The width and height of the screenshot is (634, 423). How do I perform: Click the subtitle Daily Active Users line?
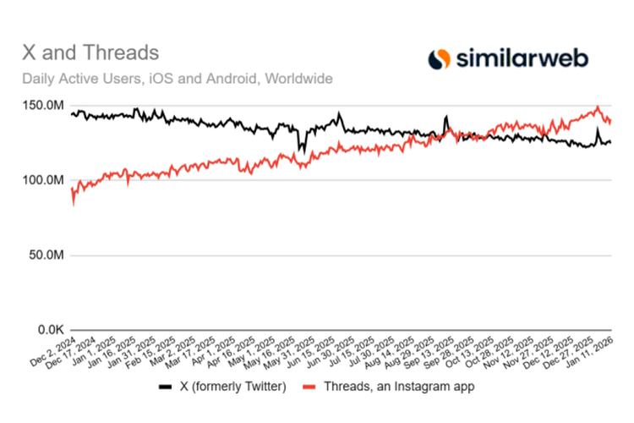pyautogui.click(x=177, y=79)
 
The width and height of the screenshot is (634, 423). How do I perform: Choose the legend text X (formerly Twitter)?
pyautogui.click(x=228, y=386)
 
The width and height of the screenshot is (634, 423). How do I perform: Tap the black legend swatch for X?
pyautogui.click(x=166, y=387)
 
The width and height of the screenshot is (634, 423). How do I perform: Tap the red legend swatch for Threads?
pyautogui.click(x=310, y=387)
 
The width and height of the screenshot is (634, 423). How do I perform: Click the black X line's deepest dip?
pyautogui.click(x=300, y=152)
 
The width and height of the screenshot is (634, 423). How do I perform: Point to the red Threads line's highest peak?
pyautogui.click(x=598, y=107)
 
